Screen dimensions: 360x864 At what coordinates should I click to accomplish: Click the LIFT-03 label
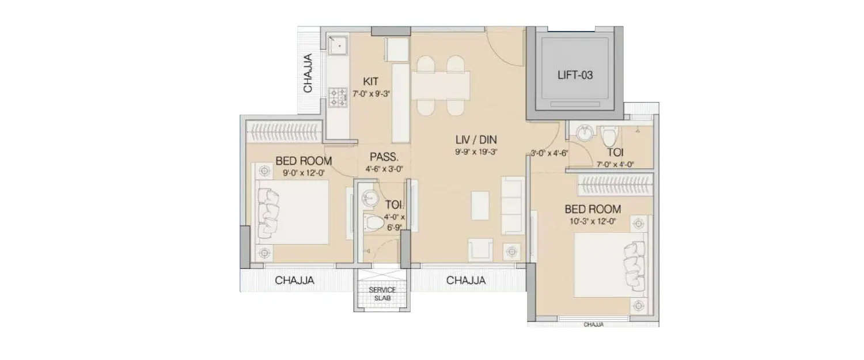574,75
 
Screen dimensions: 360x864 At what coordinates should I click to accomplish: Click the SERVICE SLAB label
382,293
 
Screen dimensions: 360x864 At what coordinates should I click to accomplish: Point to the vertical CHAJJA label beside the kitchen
308,73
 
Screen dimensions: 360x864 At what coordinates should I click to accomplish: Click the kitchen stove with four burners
337,97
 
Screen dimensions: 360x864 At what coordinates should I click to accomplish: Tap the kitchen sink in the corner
336,43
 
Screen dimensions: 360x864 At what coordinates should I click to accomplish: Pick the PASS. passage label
381,157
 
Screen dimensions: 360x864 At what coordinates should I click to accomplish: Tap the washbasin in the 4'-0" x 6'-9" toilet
369,199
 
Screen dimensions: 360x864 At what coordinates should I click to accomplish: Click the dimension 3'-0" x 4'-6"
550,153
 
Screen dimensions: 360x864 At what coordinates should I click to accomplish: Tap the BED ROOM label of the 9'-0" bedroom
304,161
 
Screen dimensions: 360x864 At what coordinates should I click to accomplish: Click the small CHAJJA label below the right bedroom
593,324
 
